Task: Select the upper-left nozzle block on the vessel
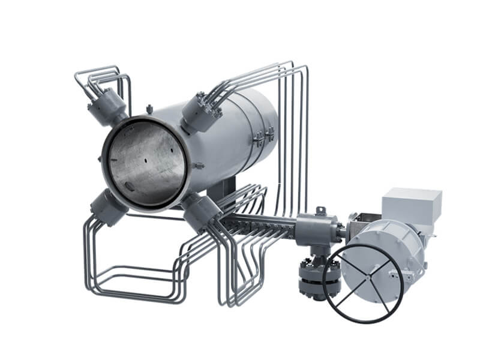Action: [107, 106]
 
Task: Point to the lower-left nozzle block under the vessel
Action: [108, 208]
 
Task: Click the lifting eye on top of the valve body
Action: [320, 211]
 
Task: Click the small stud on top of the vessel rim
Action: [149, 109]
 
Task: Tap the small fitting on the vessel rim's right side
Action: [197, 166]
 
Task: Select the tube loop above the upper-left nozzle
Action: [99, 78]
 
